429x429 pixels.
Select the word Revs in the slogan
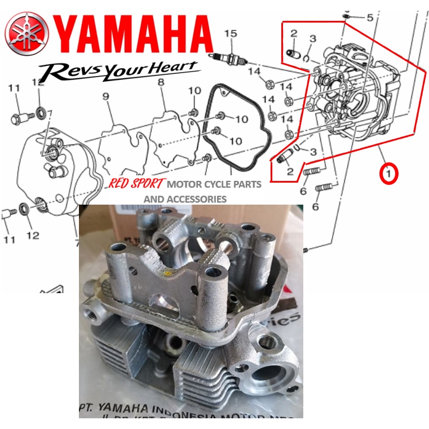tap(66, 72)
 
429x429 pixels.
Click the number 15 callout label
tap(229, 34)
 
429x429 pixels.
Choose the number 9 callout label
tap(105, 97)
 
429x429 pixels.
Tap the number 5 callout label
tap(370, 18)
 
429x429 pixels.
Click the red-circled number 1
tap(390, 173)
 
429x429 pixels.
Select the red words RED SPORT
tap(136, 184)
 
